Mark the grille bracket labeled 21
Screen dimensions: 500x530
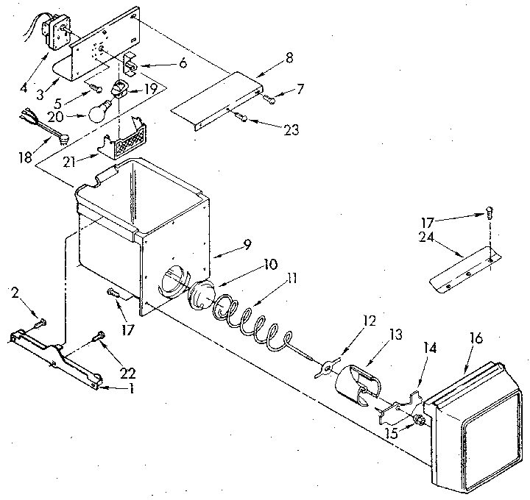tap(127, 141)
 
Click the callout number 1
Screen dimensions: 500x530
tap(131, 388)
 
